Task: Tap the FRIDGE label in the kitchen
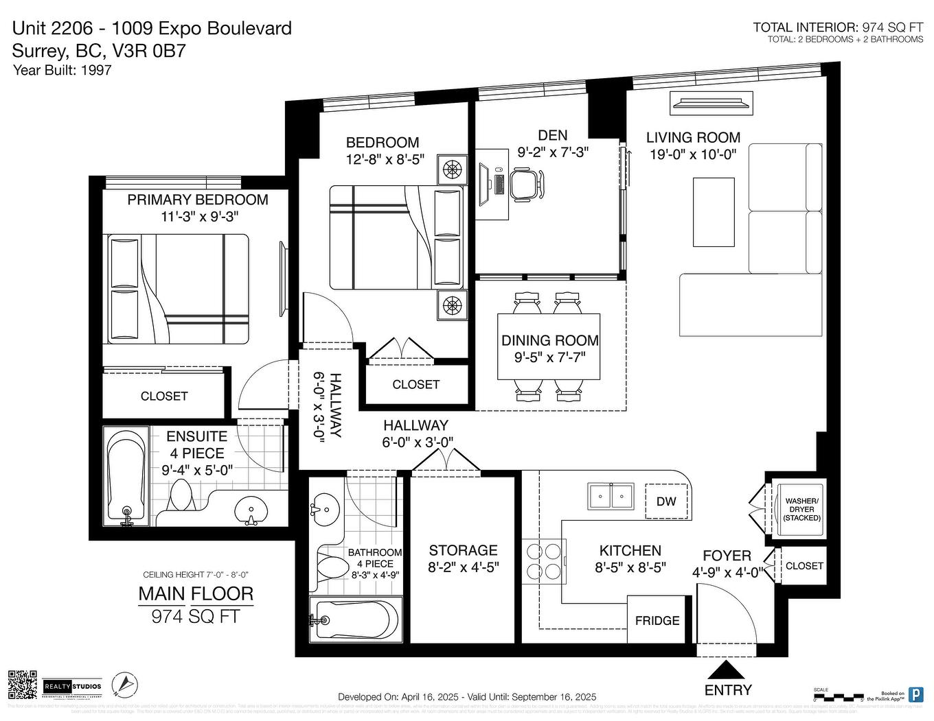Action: click(x=657, y=621)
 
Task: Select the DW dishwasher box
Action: click(x=665, y=501)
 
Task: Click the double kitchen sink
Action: click(x=611, y=495)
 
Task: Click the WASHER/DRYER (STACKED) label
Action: click(x=801, y=510)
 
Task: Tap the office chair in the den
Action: click(x=525, y=184)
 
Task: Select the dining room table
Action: click(x=549, y=346)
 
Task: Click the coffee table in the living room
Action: click(x=713, y=212)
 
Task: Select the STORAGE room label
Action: click(x=463, y=550)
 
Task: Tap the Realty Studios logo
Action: click(x=72, y=686)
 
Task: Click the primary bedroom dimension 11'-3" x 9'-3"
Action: click(x=198, y=217)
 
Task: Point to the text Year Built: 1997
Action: click(x=62, y=70)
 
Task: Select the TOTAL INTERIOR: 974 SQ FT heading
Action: click(x=838, y=27)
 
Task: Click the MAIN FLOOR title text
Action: click(x=196, y=594)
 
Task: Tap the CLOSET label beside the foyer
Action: click(x=804, y=566)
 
